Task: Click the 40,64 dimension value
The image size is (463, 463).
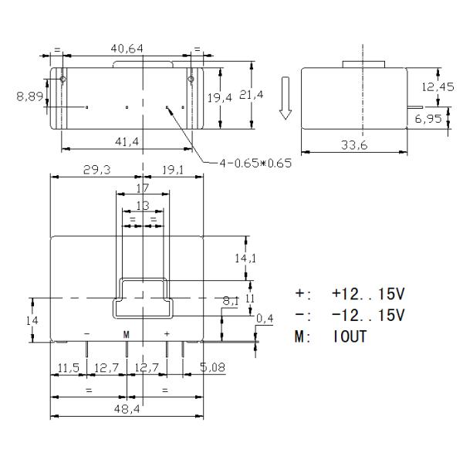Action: [127, 49]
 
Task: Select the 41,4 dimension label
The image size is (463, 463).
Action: [127, 142]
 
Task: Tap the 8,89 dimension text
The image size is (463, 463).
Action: [30, 96]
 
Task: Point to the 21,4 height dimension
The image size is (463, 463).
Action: [252, 94]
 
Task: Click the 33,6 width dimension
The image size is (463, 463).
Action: [354, 145]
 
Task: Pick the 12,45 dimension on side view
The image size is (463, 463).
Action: [438, 86]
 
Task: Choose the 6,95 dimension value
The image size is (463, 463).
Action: [428, 119]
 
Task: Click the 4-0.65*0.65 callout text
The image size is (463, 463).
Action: [255, 163]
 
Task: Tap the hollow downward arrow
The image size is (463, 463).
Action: [286, 98]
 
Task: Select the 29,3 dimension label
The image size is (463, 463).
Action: [97, 170]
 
